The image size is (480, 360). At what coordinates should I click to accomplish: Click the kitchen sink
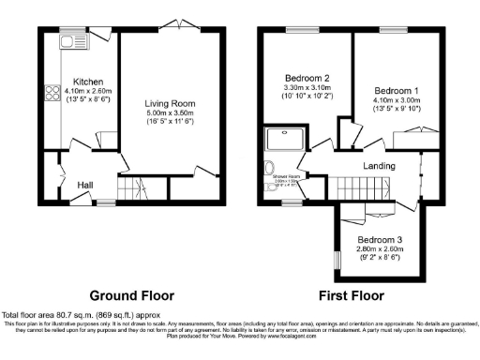click(71, 40)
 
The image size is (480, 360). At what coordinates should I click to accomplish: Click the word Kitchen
click(88, 82)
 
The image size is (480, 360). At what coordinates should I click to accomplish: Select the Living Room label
click(169, 103)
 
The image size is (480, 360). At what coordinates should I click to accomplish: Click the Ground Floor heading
click(131, 294)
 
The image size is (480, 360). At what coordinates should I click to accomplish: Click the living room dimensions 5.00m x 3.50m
click(169, 113)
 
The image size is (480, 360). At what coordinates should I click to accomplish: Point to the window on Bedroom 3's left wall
click(337, 254)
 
